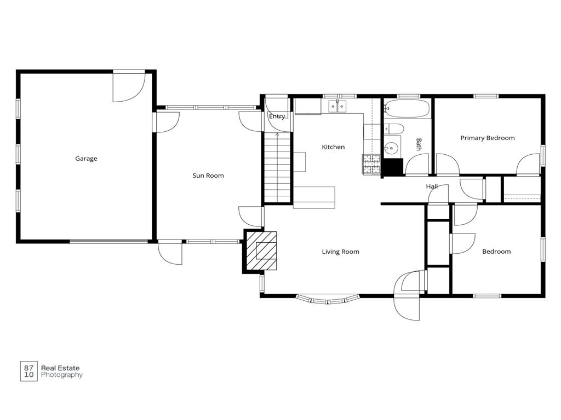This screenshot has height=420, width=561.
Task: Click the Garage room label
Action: click(86, 159)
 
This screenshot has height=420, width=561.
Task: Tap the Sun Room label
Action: click(208, 176)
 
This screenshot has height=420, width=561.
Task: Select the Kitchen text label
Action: click(333, 147)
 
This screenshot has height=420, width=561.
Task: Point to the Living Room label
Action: click(340, 252)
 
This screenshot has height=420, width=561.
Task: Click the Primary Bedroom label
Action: click(487, 138)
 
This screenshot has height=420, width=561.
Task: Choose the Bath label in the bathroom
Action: click(419, 144)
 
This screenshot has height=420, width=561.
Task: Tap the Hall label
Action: click(432, 186)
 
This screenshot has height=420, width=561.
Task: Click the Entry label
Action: click(277, 116)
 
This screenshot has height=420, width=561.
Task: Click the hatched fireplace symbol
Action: click(261, 251)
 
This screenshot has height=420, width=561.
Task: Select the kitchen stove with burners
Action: click(371, 164)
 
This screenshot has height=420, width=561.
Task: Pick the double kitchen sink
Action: click(337, 107)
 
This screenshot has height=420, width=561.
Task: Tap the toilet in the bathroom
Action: click(393, 129)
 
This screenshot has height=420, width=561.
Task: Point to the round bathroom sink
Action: click(391, 147)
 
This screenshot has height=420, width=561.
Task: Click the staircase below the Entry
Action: click(277, 167)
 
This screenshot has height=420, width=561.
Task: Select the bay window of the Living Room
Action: click(328, 300)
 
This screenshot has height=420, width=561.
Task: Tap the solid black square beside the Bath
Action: click(392, 167)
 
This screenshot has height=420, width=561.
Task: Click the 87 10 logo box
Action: click(28, 371)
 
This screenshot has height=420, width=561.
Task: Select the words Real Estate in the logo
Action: click(60, 368)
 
